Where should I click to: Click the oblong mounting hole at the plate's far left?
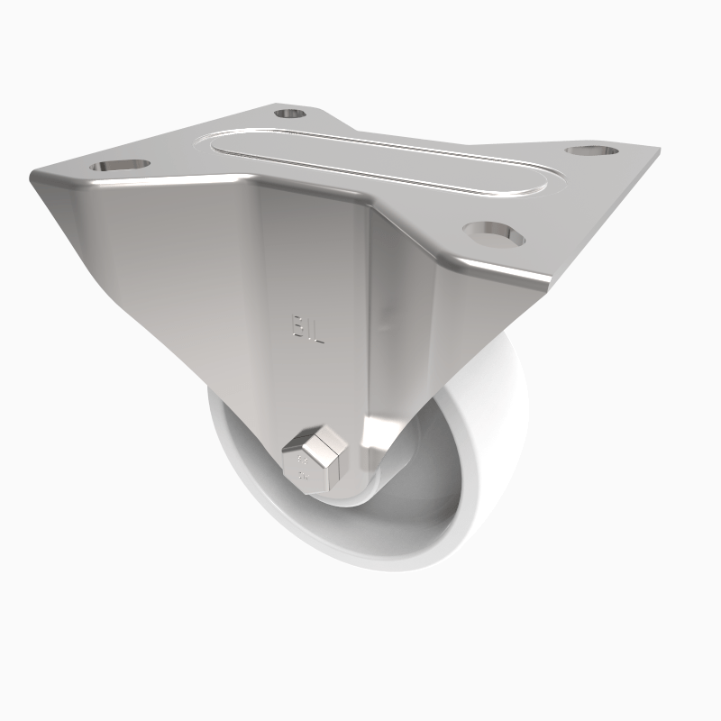pyautogui.click(x=118, y=166)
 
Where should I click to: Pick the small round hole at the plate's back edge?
pyautogui.click(x=288, y=114)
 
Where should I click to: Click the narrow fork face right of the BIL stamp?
pyautogui.click(x=397, y=342)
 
